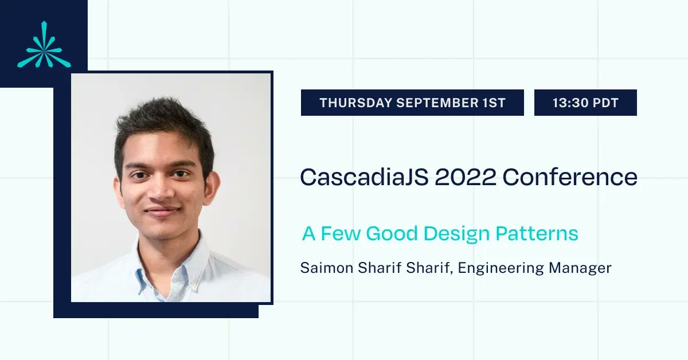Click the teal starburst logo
[x=44, y=45]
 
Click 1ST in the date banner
[x=493, y=103]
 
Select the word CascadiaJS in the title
[x=363, y=177]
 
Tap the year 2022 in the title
[x=465, y=177]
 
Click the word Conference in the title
[x=570, y=177]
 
